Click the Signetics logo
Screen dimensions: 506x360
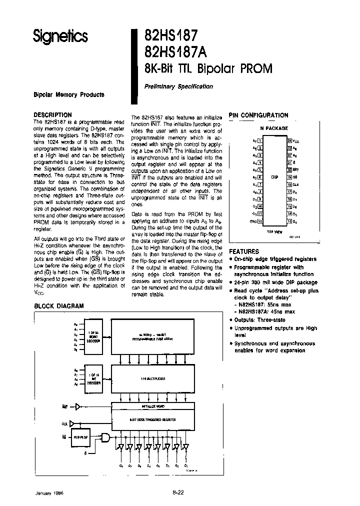60,36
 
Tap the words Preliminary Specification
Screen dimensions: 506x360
179,86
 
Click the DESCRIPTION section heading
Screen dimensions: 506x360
52,114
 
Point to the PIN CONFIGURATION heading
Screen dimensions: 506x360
258,115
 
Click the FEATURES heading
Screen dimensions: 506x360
244,251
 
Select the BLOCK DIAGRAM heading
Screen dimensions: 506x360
58,306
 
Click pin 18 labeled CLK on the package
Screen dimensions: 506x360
289,184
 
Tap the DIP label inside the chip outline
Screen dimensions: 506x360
274,177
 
